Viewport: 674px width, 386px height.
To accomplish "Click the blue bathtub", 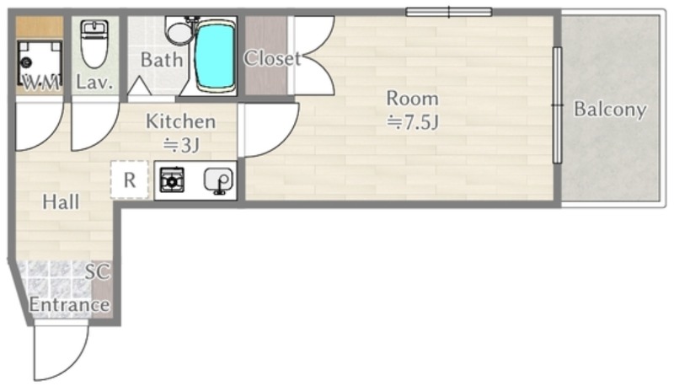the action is [x=215, y=56].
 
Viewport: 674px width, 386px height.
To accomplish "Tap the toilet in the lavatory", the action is [x=94, y=44].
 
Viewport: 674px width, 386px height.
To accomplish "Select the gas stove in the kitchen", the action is [x=172, y=180].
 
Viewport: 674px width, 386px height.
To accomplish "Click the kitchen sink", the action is [x=219, y=180].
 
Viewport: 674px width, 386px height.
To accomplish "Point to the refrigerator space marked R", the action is [x=130, y=180].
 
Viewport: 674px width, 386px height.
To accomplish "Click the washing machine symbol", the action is [x=39, y=62].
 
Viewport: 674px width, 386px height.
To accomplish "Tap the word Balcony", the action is [x=610, y=110].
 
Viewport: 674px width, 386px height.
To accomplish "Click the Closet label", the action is [x=272, y=58].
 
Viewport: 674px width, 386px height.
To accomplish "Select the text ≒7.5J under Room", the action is [x=412, y=122].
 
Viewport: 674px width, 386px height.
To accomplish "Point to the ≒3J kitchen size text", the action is [x=181, y=145].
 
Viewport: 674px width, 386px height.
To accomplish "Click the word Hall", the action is [x=61, y=202].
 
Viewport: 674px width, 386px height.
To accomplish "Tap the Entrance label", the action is [x=69, y=305].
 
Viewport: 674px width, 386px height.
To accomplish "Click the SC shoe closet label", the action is [x=98, y=271].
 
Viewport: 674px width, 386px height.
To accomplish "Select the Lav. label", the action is [x=94, y=82].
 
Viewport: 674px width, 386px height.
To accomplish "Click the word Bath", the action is [x=162, y=60].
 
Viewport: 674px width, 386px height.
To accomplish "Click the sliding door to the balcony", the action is [x=557, y=105].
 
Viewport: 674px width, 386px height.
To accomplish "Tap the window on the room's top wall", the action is [x=449, y=12].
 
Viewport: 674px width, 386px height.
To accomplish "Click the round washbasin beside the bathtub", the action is [x=179, y=32].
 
